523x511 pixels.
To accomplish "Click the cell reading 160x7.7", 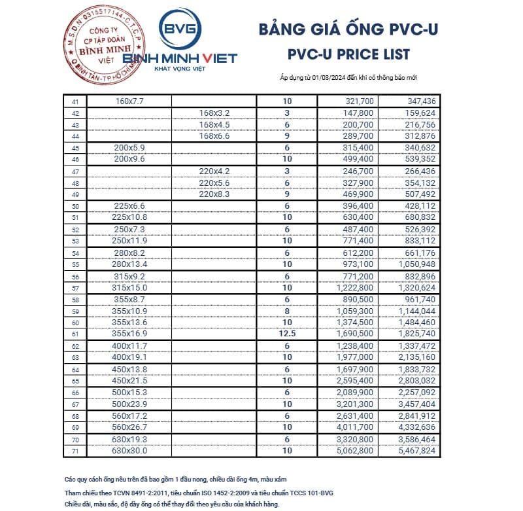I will [129, 101].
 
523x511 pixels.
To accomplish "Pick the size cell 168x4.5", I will [214, 124].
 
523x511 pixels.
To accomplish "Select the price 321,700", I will [358, 101].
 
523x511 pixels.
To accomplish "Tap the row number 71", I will [75, 451].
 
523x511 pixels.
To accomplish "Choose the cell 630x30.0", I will [129, 451].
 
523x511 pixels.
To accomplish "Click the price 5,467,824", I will [416, 451].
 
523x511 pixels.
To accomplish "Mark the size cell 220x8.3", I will [214, 194].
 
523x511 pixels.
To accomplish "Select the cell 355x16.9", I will [129, 334].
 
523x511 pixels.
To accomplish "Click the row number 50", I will [75, 206].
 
